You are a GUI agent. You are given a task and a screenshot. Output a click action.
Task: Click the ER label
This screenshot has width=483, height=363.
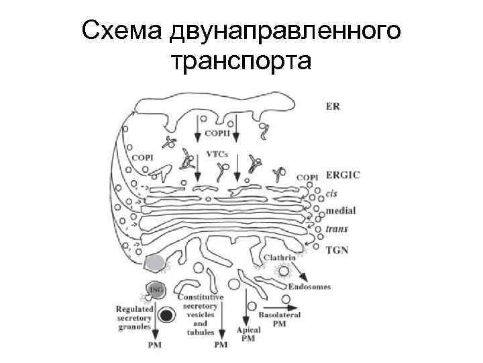point(333,106)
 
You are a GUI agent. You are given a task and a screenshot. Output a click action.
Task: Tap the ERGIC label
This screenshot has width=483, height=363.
point(342,175)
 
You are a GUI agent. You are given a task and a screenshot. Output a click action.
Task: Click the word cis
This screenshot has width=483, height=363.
point(331,193)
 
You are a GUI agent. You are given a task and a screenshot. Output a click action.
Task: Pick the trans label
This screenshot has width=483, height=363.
point(336,229)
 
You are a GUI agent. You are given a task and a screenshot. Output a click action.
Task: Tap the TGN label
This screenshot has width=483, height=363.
point(337,249)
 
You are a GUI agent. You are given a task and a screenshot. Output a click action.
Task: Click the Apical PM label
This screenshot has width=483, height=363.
point(248,335)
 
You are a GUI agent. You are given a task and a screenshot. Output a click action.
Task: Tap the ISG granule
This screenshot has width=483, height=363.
point(156,290)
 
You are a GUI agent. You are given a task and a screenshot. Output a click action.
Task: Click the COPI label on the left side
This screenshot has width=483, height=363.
point(142,157)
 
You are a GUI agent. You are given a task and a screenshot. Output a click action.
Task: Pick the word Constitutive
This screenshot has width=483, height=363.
point(201,296)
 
